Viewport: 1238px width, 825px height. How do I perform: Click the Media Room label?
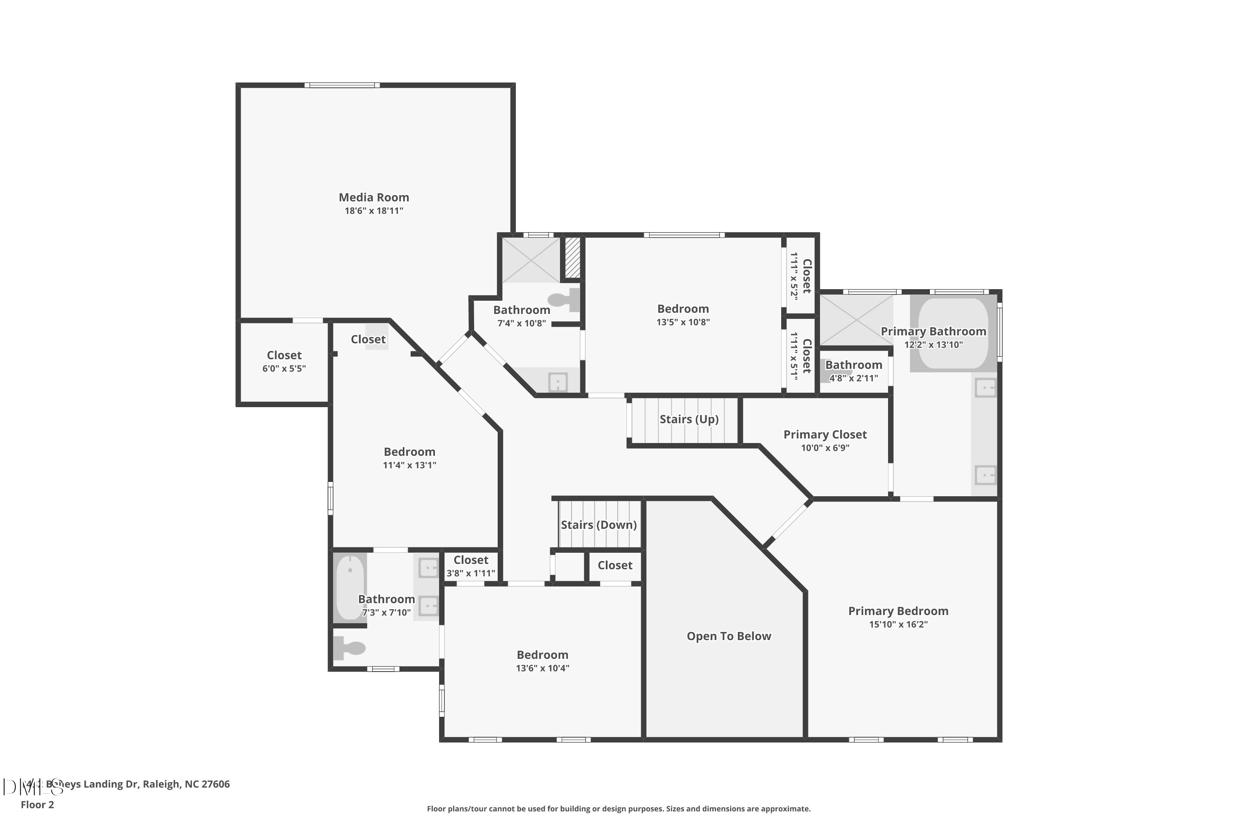point(374,197)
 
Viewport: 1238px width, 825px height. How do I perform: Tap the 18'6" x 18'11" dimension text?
point(374,211)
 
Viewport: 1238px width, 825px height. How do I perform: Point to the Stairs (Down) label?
point(598,525)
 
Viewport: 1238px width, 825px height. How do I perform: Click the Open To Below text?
point(728,636)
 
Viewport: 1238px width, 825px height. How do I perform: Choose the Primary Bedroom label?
point(898,611)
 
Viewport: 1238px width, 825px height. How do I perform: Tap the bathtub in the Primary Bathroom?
point(953,334)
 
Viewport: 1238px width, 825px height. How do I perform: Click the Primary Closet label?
point(825,435)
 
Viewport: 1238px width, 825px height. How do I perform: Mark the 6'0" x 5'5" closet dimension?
point(284,369)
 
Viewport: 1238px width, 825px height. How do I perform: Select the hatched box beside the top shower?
point(573,258)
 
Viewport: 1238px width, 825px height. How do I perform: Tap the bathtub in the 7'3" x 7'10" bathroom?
point(350,587)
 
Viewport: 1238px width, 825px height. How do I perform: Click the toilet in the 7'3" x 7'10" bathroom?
point(350,648)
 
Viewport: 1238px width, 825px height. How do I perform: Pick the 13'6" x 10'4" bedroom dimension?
point(542,668)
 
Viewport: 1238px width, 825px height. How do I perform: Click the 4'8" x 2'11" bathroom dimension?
point(853,378)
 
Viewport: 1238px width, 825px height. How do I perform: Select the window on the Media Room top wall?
point(342,85)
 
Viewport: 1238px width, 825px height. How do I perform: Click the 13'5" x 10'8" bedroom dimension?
point(683,323)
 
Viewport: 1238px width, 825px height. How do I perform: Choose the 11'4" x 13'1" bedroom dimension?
point(409,465)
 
